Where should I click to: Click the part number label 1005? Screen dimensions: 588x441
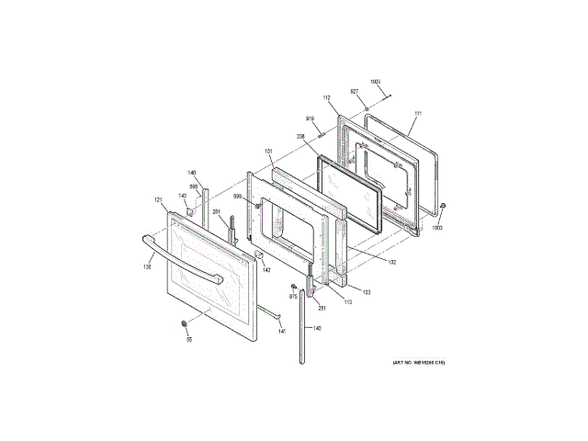point(375,83)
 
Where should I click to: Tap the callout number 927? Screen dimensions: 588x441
point(354,92)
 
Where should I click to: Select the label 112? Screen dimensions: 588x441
point(326,97)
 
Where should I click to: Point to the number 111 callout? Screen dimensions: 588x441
point(417,114)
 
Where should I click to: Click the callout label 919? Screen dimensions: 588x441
point(311,119)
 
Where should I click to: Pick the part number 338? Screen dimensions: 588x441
point(300,137)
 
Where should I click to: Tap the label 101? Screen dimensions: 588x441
point(269,152)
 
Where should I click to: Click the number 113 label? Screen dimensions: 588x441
point(347,300)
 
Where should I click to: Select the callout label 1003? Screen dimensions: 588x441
point(437,227)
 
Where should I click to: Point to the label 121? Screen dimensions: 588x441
point(157,199)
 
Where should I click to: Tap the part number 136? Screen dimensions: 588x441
point(146,267)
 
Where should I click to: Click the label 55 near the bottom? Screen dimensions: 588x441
point(189,340)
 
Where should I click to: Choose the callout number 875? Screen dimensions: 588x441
point(293,297)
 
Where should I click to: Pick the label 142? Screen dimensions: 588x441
point(266,269)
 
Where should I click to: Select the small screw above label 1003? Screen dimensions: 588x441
point(443,204)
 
